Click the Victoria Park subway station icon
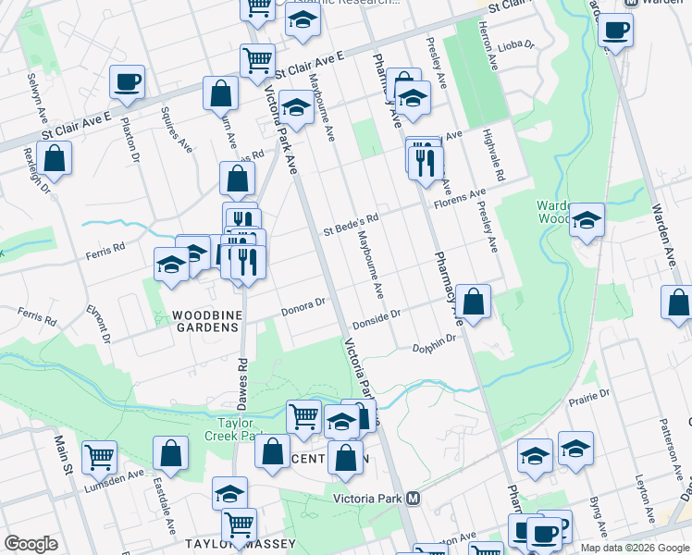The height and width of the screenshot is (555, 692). [x=414, y=498]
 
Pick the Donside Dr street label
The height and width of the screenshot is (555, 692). [x=376, y=319]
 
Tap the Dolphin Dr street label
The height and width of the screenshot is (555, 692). [x=434, y=343]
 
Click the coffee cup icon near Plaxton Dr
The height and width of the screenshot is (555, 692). [x=127, y=81]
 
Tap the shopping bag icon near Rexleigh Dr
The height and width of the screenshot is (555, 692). [x=56, y=158]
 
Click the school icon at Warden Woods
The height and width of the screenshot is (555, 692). [x=587, y=220]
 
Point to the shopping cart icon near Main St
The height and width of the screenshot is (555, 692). [x=99, y=456]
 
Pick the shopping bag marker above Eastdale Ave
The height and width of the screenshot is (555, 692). [x=171, y=453]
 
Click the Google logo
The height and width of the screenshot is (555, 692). [x=31, y=544]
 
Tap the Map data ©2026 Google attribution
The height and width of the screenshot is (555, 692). [x=634, y=548]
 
